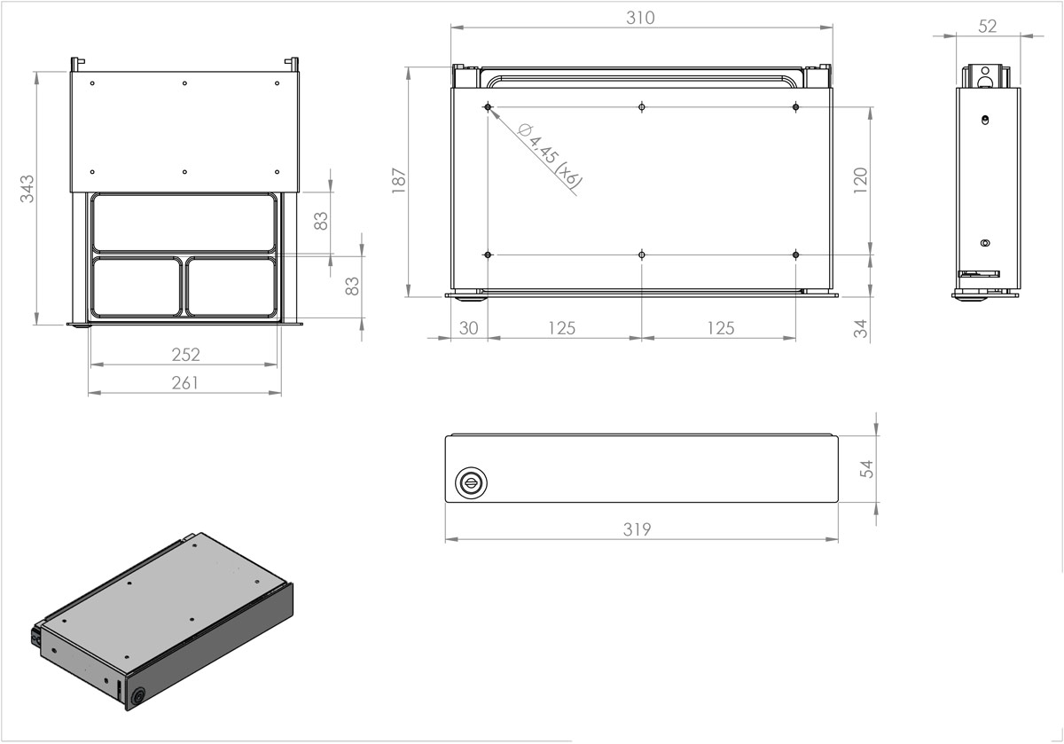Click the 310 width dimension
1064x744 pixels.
tap(640, 18)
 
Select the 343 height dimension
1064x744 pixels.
tap(27, 189)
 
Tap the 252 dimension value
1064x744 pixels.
tap(185, 355)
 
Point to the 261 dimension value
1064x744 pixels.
tap(184, 383)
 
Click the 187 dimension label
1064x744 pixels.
tap(399, 181)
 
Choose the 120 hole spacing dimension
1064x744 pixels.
tap(861, 180)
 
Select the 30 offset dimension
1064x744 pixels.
tap(469, 328)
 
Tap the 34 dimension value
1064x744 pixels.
tap(861, 328)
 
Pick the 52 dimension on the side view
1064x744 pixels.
tap(988, 26)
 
